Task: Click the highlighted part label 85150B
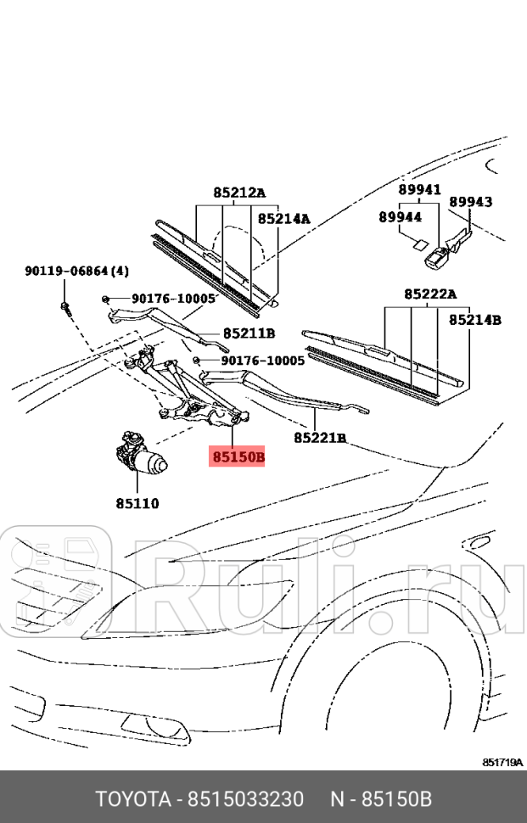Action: tap(238, 457)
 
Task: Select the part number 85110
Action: tap(137, 503)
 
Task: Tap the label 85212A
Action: tap(238, 193)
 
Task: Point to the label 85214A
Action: tap(284, 219)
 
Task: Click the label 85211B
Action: tap(249, 333)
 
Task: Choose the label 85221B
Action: tap(320, 438)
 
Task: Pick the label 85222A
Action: tap(429, 294)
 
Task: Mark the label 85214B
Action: tap(474, 320)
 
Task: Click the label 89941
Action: tap(420, 190)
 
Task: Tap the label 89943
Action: tap(471, 202)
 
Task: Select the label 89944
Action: tap(400, 217)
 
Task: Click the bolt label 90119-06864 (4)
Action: tap(76, 272)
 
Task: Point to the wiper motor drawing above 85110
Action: tap(141, 453)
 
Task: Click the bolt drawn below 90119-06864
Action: tap(65, 306)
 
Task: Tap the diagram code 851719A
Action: tap(502, 763)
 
